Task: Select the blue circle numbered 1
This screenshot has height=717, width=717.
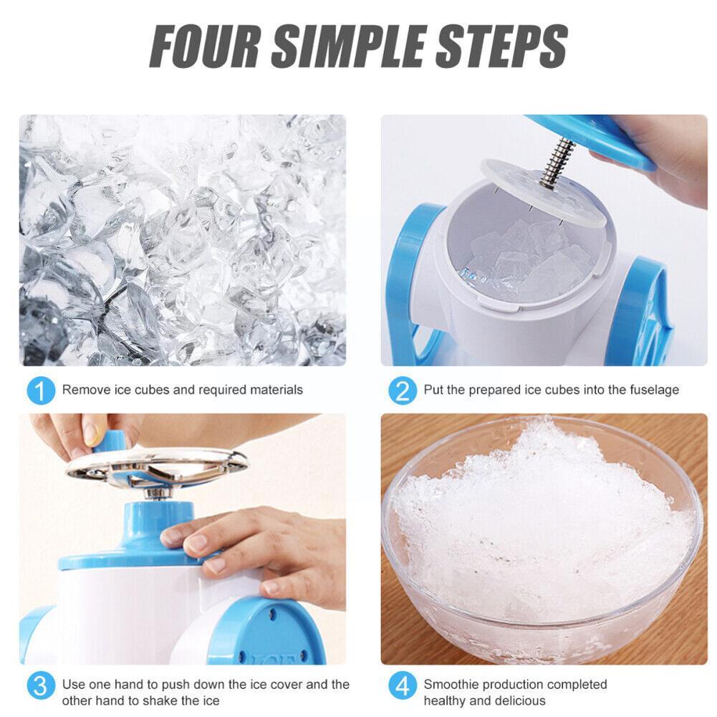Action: [41, 390]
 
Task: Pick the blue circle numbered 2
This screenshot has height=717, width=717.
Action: [403, 390]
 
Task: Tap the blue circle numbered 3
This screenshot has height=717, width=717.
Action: [41, 692]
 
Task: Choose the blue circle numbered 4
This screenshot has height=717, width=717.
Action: [403, 692]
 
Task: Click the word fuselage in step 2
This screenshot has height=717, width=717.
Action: [653, 390]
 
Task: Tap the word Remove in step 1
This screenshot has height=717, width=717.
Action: [80, 390]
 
